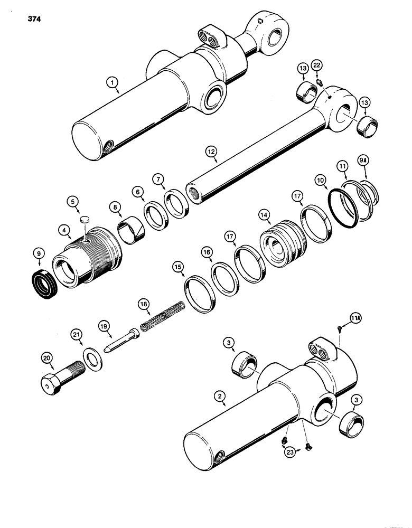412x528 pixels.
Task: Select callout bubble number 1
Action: (111, 82)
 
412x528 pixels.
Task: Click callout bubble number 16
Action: (207, 255)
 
